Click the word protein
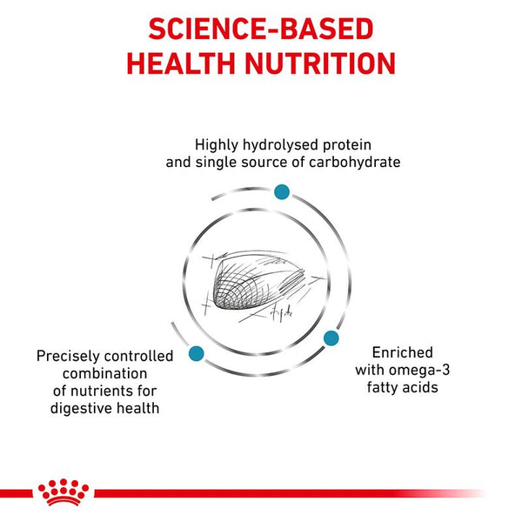345,144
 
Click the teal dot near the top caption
281,191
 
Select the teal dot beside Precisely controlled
196,353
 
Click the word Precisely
71,356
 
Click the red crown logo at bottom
64,492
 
